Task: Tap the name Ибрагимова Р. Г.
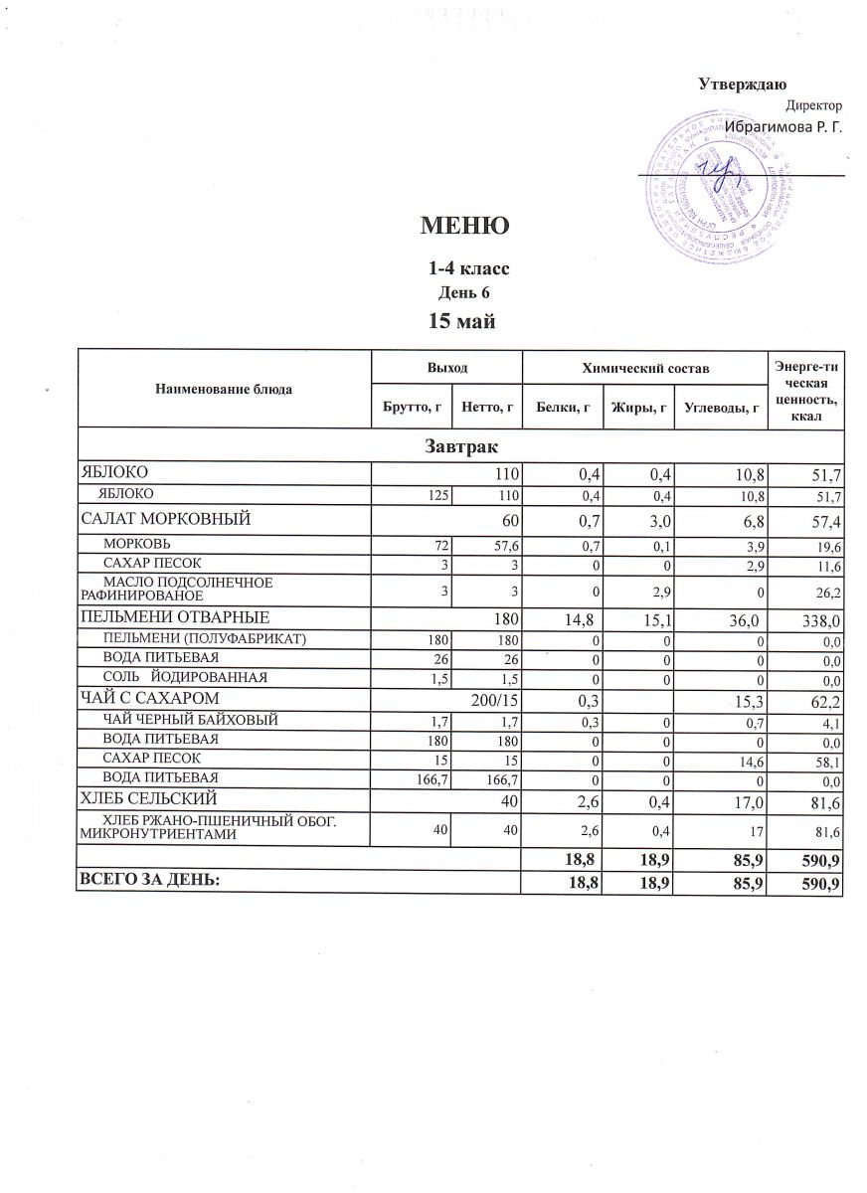(x=782, y=126)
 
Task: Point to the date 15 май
(x=461, y=320)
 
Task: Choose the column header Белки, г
(x=563, y=407)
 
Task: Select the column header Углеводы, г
(x=721, y=407)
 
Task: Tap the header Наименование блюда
(x=224, y=389)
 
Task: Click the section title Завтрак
(x=459, y=446)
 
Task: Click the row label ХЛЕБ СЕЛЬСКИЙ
(x=149, y=798)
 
